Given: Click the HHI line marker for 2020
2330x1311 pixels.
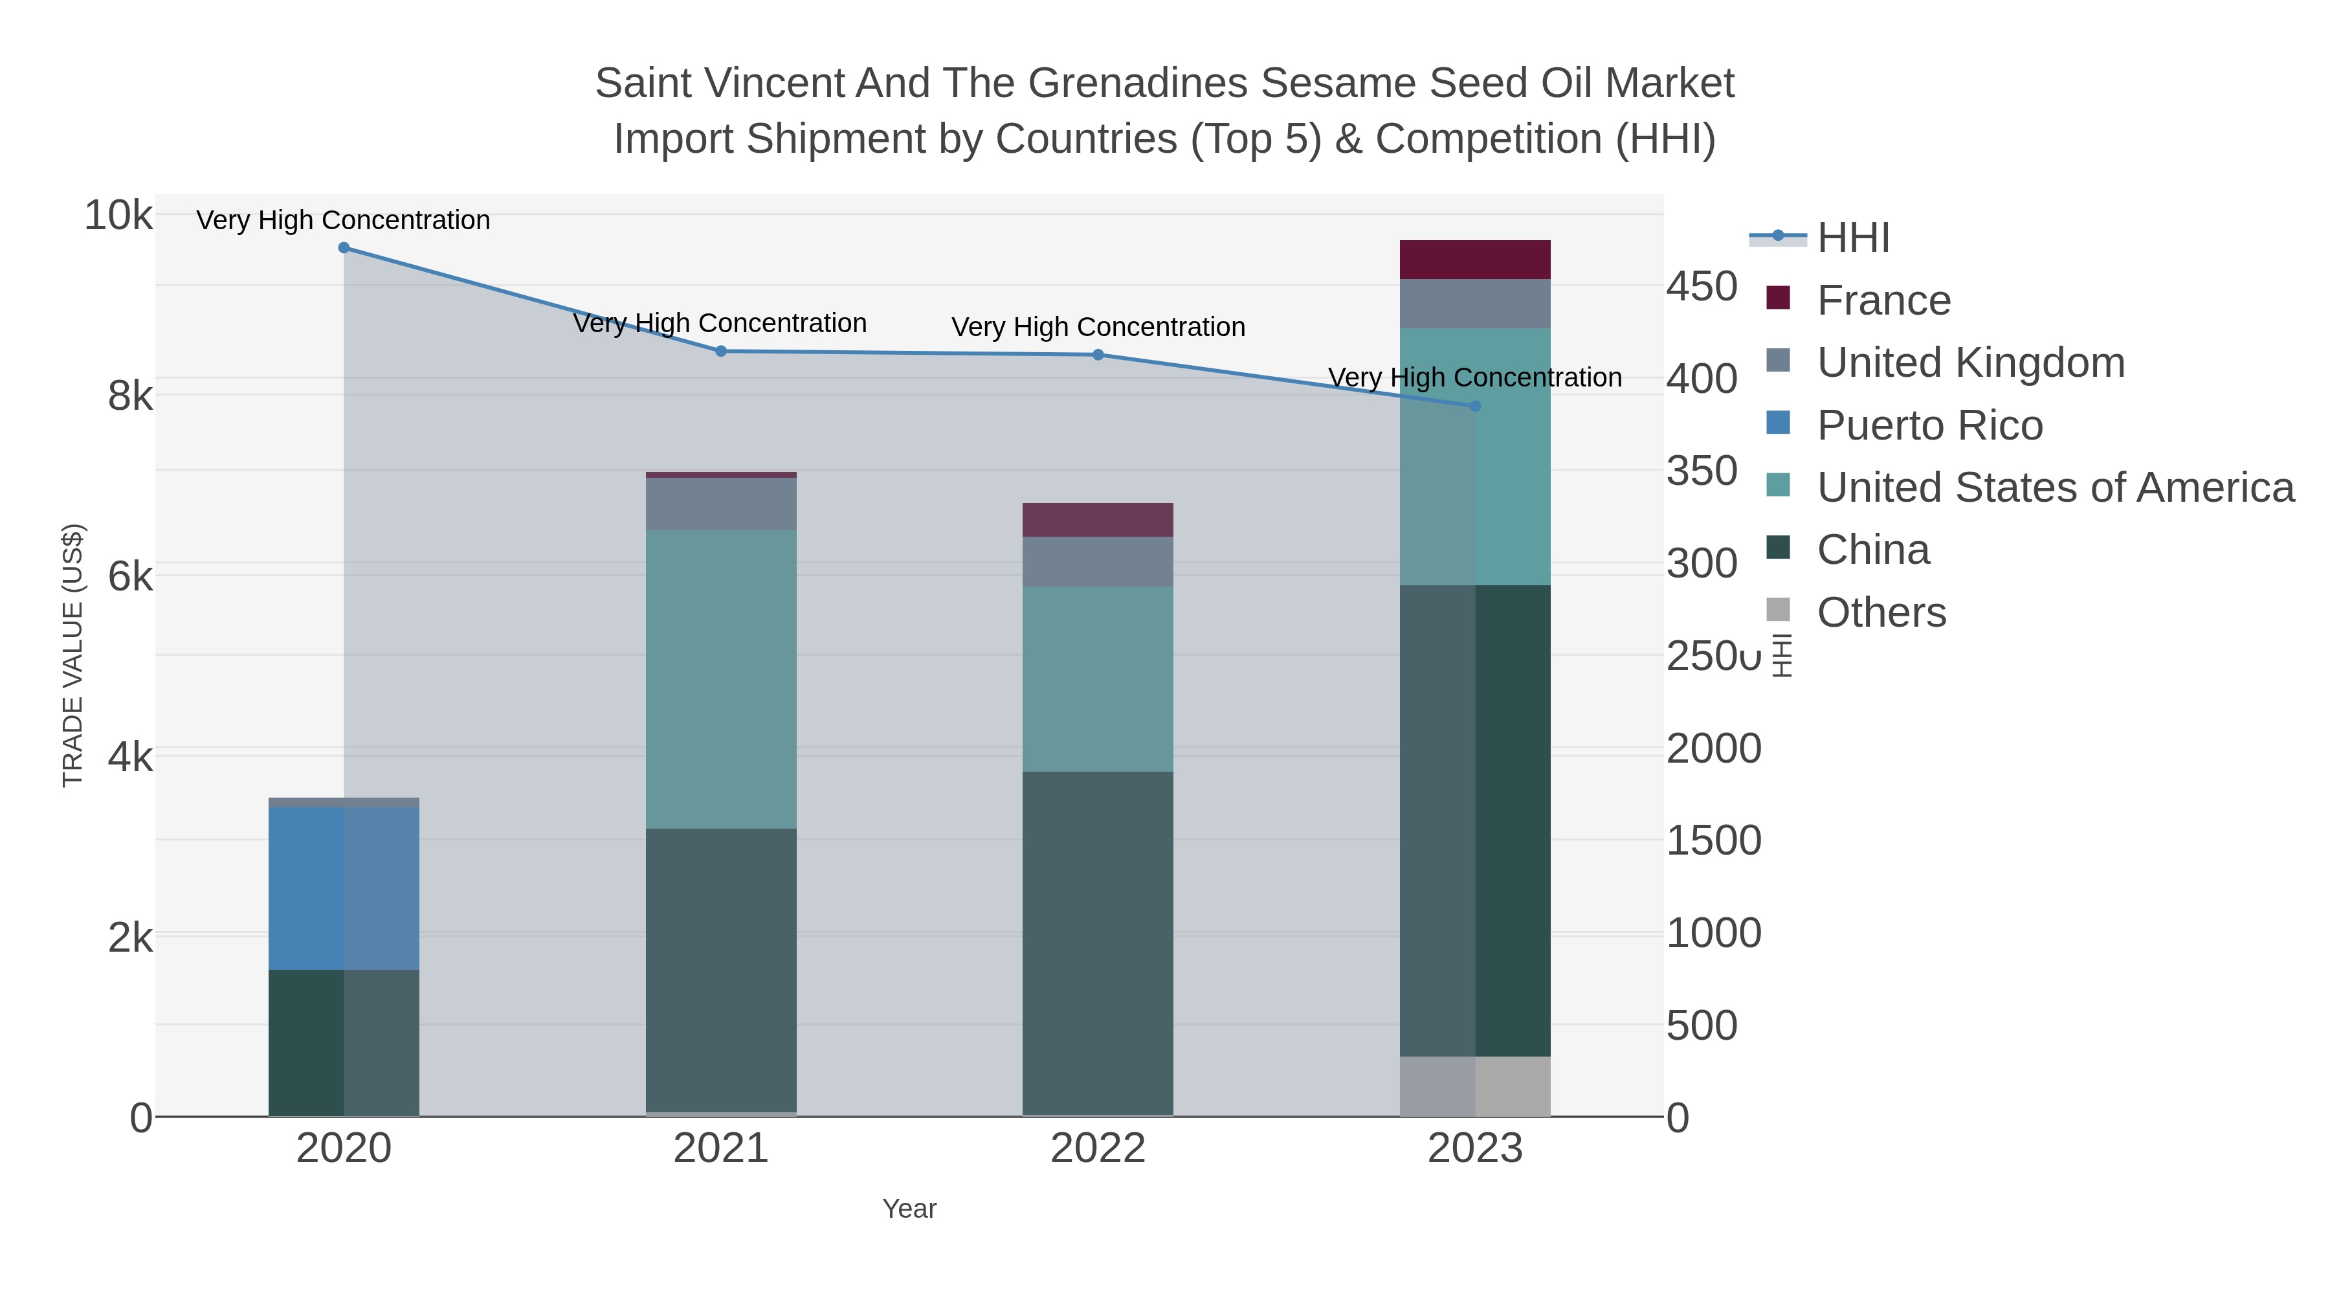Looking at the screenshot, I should click(344, 248).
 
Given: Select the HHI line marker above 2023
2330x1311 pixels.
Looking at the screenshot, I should click(1475, 406).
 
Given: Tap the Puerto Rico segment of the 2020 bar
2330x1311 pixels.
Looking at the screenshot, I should click(344, 888).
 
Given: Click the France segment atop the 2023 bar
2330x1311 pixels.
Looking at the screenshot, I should click(1475, 260).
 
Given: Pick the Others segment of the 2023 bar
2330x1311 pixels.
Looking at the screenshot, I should click(1475, 1086).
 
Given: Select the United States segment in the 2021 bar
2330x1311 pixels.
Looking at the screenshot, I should click(721, 678).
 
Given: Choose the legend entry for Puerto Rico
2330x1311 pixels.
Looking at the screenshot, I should click(1929, 425).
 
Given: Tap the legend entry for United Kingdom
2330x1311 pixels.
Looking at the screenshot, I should click(1970, 363).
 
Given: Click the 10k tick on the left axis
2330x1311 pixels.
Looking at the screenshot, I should click(118, 216).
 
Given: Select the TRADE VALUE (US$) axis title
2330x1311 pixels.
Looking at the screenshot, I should click(72, 655).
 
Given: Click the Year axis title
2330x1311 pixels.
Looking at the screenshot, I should click(909, 1209).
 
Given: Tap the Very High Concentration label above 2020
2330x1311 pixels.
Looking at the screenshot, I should click(344, 220).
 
